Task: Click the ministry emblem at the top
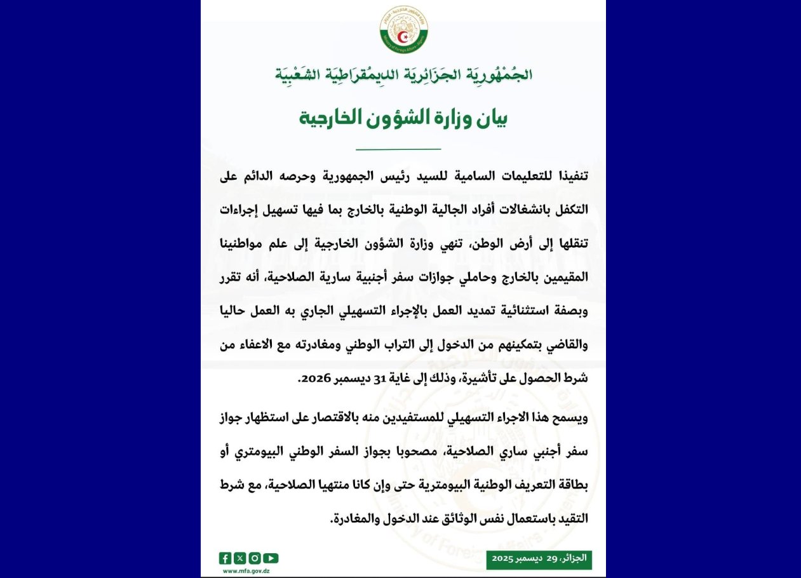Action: click(x=403, y=29)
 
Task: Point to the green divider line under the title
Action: click(x=398, y=149)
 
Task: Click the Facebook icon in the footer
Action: click(x=225, y=558)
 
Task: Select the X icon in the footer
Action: click(x=239, y=558)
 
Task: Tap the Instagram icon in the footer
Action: click(x=254, y=558)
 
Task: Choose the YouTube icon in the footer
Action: click(x=271, y=558)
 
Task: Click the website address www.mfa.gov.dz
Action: click(x=246, y=570)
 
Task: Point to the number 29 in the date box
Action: click(x=551, y=559)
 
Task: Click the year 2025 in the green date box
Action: click(x=503, y=559)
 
